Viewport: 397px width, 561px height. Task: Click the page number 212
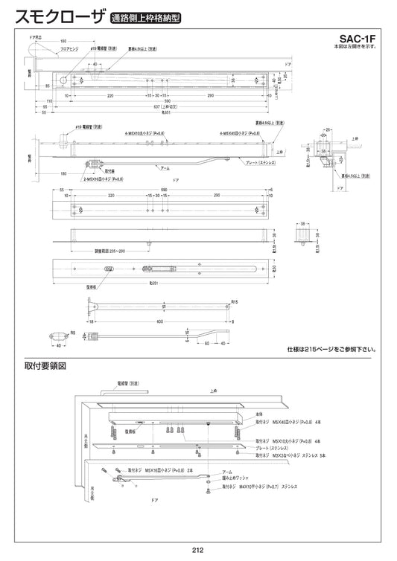tap(198, 550)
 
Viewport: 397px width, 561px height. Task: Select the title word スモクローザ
tap(54, 16)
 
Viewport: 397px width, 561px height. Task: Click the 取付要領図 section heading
tap(45, 366)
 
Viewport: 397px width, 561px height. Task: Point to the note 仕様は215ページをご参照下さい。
tap(331, 348)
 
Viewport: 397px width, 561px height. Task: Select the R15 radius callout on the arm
tap(233, 302)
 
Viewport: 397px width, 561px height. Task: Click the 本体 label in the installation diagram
tap(259, 414)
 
